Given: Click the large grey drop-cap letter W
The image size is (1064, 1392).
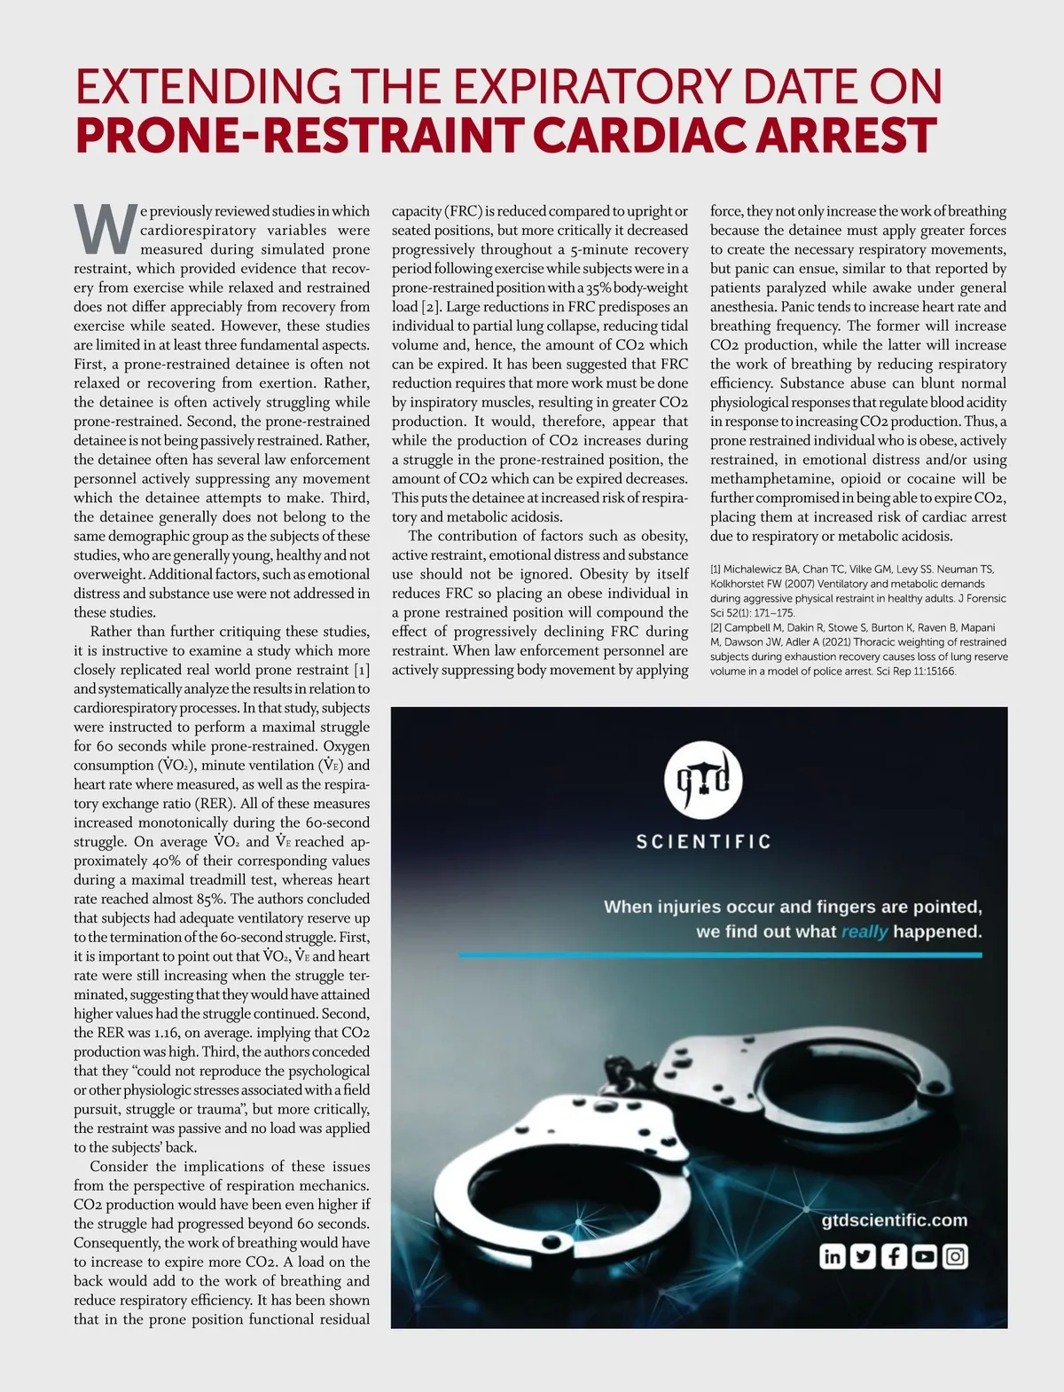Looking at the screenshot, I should point(106,229).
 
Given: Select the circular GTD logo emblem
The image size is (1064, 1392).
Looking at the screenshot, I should point(703,781).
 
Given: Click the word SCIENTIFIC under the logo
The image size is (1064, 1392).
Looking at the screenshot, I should point(703,841).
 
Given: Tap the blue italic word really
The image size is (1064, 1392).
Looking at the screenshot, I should point(864,932).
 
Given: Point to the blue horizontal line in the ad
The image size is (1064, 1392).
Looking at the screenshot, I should point(720,955).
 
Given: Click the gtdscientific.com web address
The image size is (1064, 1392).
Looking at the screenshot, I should point(894,1220).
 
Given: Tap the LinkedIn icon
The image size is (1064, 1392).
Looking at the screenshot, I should point(832,1256).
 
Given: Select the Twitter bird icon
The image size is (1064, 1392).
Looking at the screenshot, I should point(863,1256).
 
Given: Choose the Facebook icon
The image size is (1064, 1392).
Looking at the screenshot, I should point(894,1256).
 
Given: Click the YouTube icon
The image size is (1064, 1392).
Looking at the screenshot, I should point(924,1256).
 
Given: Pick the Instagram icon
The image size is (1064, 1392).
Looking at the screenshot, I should point(955,1256).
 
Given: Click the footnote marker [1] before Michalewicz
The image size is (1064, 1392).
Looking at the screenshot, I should point(716,570).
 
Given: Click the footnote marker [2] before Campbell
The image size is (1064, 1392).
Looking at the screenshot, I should point(716,627).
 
